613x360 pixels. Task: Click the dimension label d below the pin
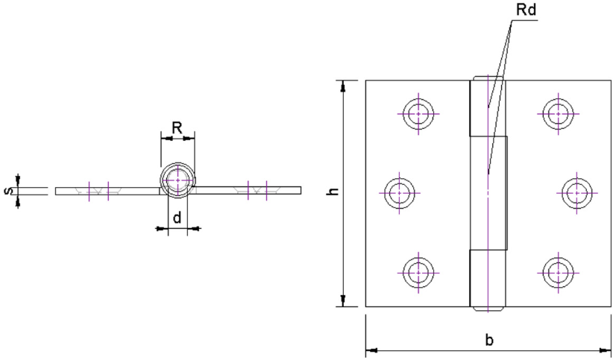pos(177,218)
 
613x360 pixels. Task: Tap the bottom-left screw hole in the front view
pos(419,272)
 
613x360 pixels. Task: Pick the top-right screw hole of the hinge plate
pos(557,113)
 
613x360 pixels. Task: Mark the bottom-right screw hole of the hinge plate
pos(557,272)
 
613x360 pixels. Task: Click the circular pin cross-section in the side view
pos(177,181)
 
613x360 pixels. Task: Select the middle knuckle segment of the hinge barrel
pos(488,193)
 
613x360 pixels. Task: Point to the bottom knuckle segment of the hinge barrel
pos(486,280)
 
